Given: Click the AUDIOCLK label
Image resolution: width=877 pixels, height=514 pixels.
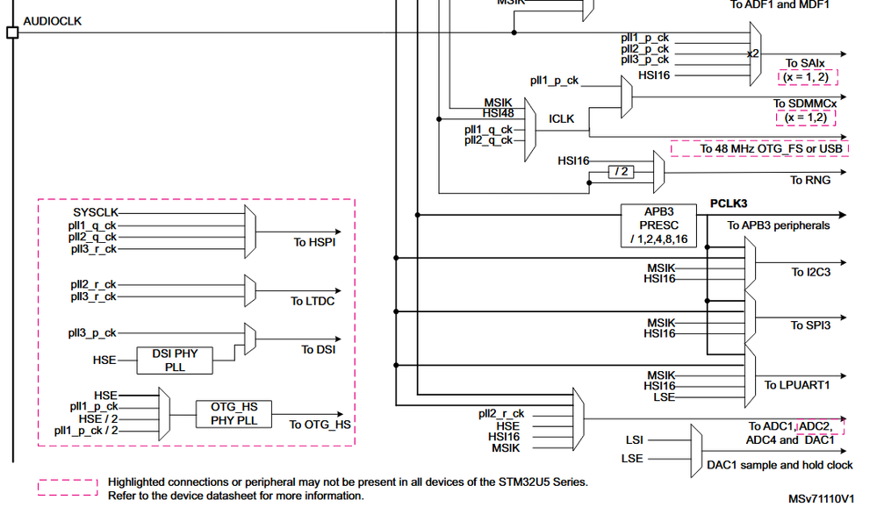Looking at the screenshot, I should coord(52,21).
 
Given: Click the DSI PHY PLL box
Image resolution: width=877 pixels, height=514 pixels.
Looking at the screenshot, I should coord(175,360).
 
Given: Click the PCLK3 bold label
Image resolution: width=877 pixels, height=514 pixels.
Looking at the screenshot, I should coord(728,203).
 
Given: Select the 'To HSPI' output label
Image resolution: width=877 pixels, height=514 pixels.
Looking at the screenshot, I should coord(314,242).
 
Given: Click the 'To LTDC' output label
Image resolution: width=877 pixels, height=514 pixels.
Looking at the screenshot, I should coord(313,301).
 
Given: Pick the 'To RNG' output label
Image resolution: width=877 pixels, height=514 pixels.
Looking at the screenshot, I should coord(809,180).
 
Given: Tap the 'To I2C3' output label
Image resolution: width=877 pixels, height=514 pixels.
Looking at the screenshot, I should coord(810,272).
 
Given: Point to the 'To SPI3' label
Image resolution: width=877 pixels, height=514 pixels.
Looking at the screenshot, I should coord(810,325).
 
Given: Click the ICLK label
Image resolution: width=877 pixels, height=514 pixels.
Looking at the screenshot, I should coord(562,118).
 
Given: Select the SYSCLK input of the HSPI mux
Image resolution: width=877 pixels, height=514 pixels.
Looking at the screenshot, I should coord(95,212).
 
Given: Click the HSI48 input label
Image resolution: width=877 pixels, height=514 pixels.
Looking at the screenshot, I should coord(498,112).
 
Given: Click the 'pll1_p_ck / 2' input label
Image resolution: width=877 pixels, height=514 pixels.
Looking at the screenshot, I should coord(85,430).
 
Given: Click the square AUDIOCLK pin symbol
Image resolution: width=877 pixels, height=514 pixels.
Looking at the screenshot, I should coord(12,33).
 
